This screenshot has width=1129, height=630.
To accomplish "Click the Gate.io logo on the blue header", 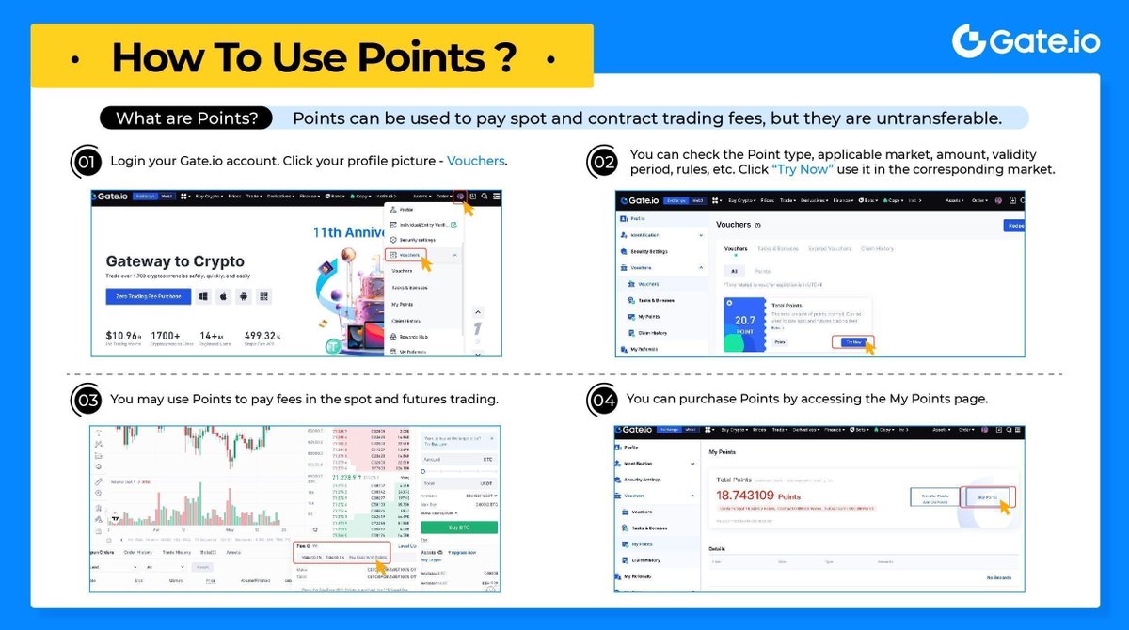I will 1026,42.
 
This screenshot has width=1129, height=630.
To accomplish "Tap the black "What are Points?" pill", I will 185,118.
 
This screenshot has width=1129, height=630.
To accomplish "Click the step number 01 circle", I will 86,162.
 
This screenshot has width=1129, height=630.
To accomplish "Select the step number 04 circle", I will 602,400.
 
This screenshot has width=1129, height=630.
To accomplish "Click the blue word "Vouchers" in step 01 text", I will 476,161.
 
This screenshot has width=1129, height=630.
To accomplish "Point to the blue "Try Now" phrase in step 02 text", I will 803,170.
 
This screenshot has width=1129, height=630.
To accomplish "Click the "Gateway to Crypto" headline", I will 175,261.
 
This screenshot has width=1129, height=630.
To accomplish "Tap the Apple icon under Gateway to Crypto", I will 223,297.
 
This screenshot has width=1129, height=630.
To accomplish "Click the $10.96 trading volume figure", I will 123,336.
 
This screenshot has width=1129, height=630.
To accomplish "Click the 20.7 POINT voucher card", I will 745,325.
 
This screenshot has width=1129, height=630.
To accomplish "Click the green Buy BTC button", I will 459,528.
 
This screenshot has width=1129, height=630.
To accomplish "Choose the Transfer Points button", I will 934,496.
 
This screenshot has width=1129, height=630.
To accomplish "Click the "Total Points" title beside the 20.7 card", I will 787,306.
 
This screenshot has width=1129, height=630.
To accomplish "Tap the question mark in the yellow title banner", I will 504,57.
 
